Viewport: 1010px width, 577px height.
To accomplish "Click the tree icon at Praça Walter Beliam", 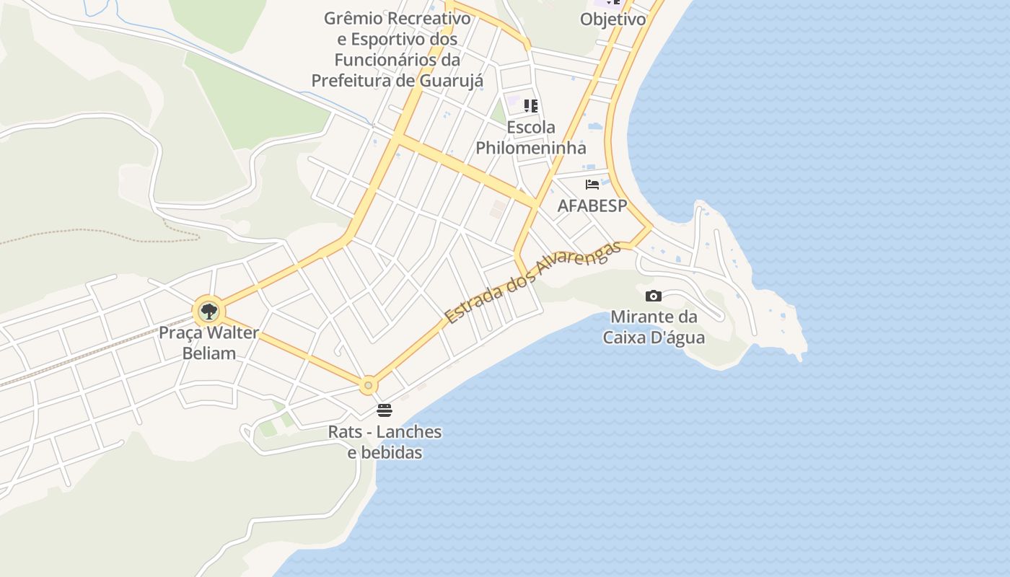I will tap(208, 312).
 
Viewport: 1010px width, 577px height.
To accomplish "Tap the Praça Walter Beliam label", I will tap(208, 343).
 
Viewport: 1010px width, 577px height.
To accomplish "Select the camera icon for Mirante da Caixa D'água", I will tap(654, 296).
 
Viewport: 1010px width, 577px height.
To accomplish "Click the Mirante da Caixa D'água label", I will tap(654, 327).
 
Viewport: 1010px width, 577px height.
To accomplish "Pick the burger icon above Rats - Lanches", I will tap(385, 410).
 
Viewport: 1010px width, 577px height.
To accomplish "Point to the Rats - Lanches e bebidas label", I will tap(385, 442).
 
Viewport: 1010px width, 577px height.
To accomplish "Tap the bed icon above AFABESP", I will tap(592, 185).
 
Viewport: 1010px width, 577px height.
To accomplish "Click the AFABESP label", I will tap(592, 206).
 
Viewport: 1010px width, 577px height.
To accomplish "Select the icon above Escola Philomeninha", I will tap(531, 106).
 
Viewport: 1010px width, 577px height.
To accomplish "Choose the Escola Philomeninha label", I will tap(531, 138).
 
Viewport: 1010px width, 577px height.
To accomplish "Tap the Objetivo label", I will tap(612, 19).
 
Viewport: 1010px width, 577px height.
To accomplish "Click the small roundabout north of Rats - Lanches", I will tap(369, 386).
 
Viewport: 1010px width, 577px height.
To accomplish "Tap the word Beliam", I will tap(209, 353).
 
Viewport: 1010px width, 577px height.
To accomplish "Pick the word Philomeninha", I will tap(531, 148).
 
